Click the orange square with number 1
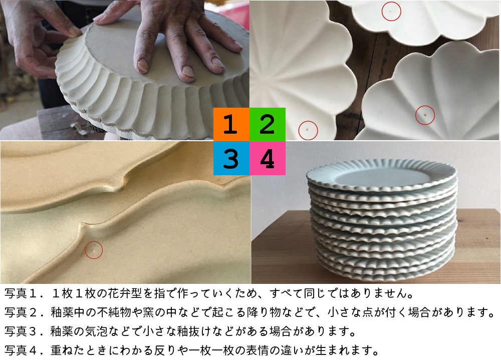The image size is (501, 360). (x=231, y=125)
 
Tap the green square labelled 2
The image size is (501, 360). (x=268, y=125)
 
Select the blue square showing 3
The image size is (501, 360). (x=231, y=158)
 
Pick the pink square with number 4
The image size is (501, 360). (x=268, y=158)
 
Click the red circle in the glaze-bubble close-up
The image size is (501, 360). (x=93, y=249)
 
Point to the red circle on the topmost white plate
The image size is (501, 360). (x=391, y=12)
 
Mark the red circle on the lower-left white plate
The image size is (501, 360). (x=308, y=130)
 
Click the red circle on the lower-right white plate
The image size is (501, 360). (x=425, y=115)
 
